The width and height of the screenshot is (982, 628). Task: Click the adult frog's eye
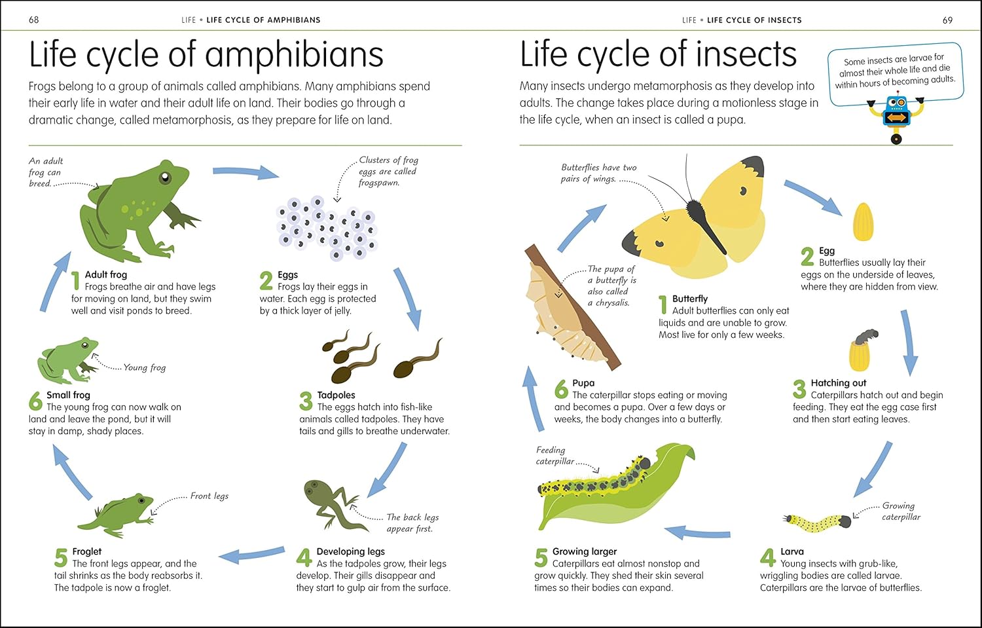pos(165,177)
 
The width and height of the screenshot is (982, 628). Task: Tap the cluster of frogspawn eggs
pos(327,229)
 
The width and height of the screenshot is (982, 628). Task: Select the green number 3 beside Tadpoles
pos(306,401)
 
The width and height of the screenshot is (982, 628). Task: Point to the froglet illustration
pos(117,515)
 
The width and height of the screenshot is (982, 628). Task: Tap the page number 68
pos(34,20)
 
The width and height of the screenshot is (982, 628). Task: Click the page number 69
pos(947,20)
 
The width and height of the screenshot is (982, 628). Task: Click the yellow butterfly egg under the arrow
pos(864,221)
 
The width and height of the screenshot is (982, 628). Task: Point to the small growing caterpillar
pos(817,523)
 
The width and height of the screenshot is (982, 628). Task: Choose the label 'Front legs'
pos(209,496)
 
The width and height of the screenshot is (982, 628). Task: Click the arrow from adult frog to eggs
pos(245,172)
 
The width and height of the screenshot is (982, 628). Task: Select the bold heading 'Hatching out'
pos(838,383)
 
